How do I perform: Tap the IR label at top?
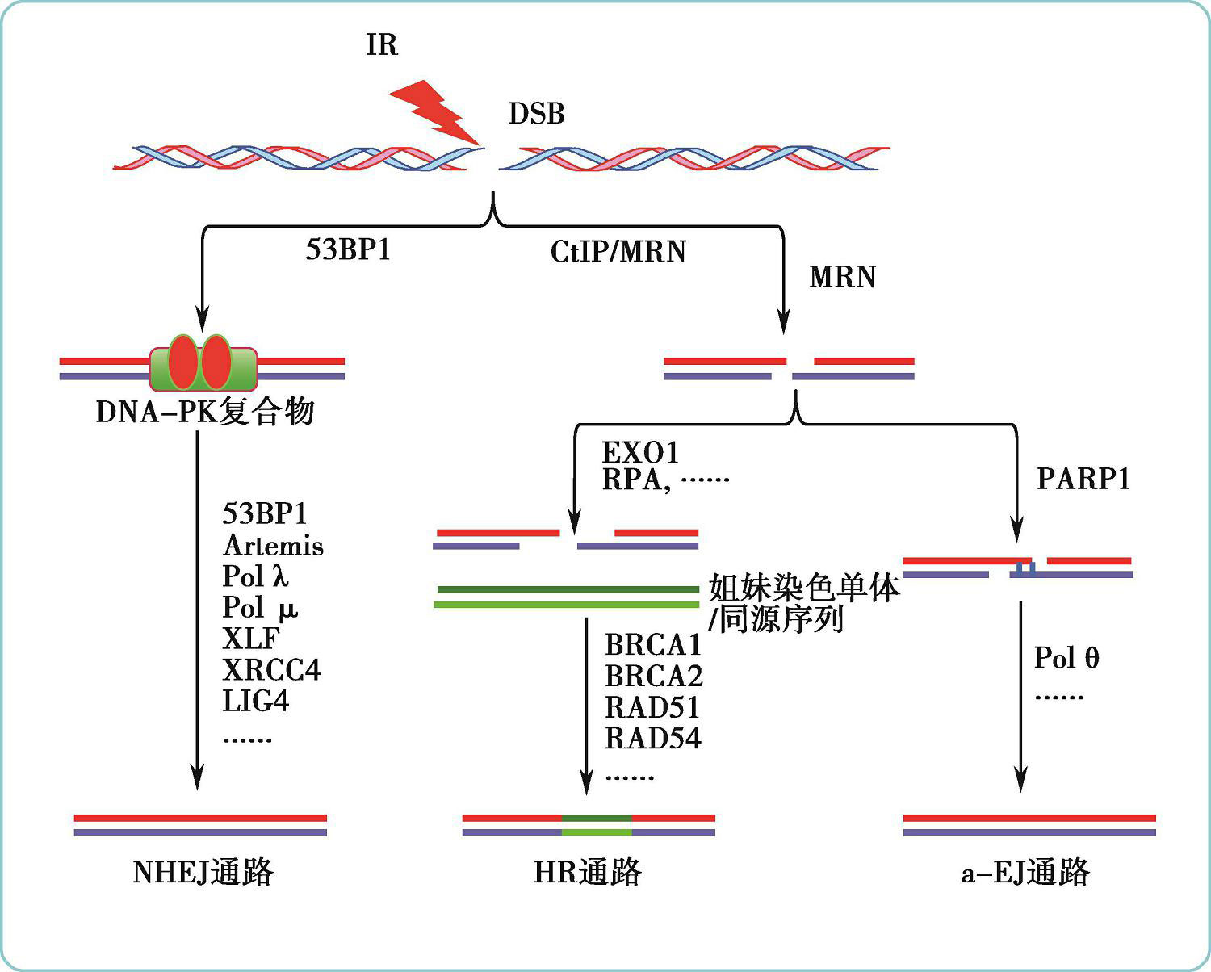point(382,44)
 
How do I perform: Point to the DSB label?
point(536,114)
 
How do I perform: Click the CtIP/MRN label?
point(618,252)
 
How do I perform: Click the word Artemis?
point(273,546)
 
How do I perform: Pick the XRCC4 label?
point(271,670)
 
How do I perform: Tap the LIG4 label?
point(255,701)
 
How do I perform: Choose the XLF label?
point(250,639)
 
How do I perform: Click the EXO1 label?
point(641,451)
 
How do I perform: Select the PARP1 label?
point(1083,479)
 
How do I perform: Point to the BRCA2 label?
point(654,676)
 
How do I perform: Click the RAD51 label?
point(652,707)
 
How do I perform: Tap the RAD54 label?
point(653,738)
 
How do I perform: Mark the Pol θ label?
point(1066,658)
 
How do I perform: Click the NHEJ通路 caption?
point(203,873)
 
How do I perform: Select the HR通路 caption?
point(588,873)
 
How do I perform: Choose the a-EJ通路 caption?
point(1025,873)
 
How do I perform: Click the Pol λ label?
point(255,576)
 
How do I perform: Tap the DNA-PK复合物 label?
point(205,412)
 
